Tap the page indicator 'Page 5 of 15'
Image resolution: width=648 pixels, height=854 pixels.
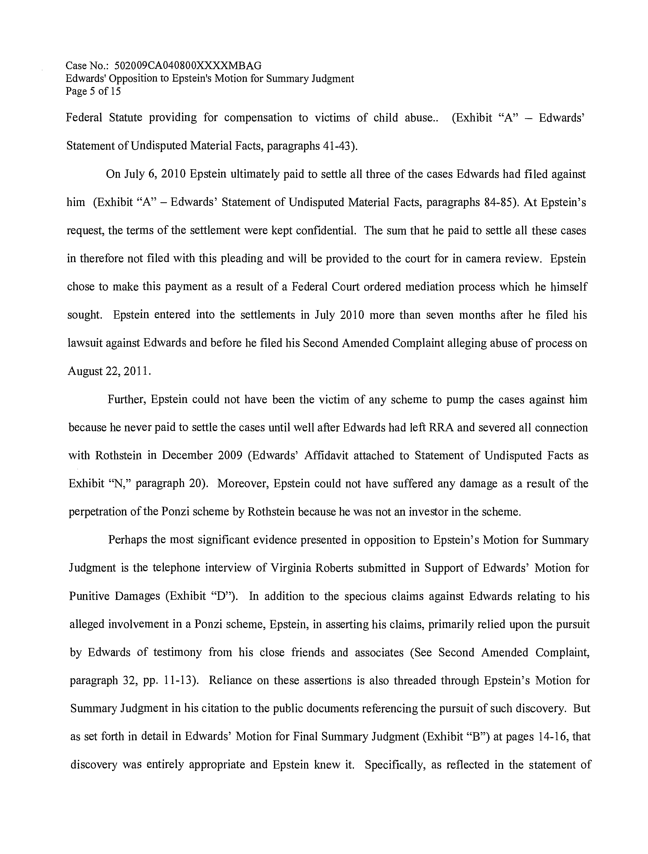pos(93,92)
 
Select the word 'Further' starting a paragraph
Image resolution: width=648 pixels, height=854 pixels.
pos(126,399)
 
